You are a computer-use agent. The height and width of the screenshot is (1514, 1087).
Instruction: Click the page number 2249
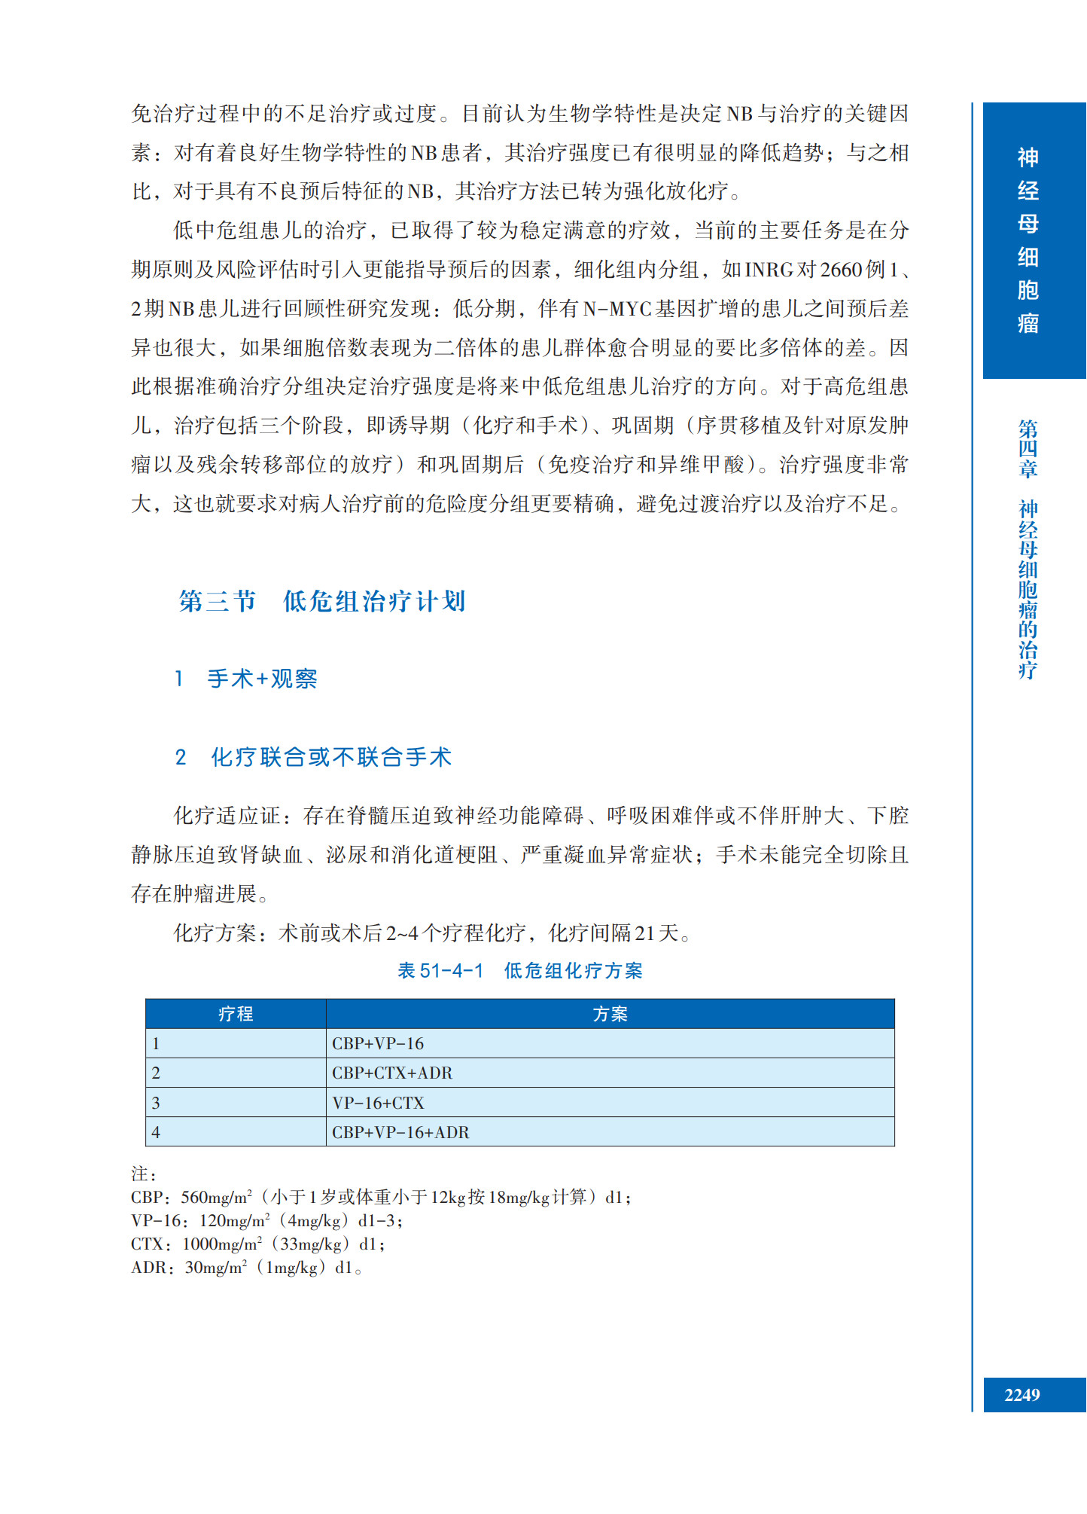coord(1022,1395)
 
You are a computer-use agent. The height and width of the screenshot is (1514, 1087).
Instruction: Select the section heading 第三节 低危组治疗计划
coord(322,601)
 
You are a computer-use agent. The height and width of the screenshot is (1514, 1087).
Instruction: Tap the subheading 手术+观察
coord(261,679)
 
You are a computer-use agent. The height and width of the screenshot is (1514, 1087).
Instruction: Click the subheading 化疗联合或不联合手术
coord(330,757)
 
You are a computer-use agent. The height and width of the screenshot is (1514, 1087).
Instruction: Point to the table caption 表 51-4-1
coord(440,971)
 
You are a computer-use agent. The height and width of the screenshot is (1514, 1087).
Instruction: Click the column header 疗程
coord(236,1014)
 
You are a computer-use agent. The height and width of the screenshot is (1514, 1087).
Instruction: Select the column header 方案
coord(610,1014)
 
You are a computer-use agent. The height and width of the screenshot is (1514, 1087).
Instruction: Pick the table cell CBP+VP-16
coord(378,1043)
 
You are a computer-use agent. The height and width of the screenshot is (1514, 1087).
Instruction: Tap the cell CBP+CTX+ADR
coord(392,1073)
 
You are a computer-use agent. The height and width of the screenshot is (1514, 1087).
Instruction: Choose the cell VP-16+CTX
coord(378,1103)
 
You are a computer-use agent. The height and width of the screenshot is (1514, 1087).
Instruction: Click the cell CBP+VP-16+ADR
coord(400,1132)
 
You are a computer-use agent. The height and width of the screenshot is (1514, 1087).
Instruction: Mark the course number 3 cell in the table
coord(156,1103)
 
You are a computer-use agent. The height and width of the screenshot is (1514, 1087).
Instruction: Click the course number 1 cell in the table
coord(156,1043)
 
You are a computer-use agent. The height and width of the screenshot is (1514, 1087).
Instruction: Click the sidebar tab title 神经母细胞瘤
coord(1028,240)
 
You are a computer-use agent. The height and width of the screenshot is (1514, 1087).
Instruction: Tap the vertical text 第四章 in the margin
coord(1028,449)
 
